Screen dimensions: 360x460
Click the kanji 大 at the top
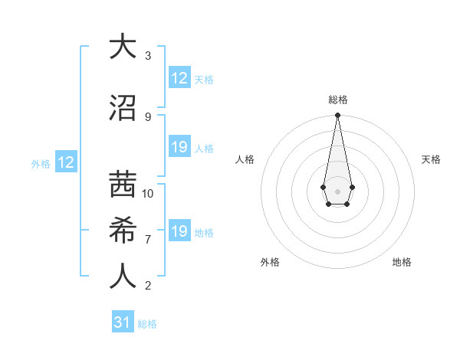tap(123, 47)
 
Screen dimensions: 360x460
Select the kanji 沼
tap(123, 107)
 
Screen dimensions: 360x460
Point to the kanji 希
tap(123, 230)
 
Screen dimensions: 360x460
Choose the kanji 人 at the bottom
tap(123, 277)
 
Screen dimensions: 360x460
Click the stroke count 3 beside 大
tap(148, 56)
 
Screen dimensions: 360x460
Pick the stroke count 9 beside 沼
tap(148, 117)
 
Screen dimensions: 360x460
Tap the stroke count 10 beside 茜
tap(148, 194)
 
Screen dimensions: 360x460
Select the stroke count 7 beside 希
tap(148, 240)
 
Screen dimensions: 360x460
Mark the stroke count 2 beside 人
tap(148, 286)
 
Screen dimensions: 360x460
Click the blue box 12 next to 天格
tap(179, 78)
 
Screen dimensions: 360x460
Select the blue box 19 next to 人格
tap(179, 147)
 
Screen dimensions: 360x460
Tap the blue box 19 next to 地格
tap(179, 231)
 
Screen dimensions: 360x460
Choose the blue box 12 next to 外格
tap(66, 162)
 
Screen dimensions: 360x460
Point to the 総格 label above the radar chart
tap(337, 100)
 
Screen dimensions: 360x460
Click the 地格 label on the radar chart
tap(402, 262)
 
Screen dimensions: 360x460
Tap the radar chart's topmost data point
tap(337, 116)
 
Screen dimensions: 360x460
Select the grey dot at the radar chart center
tap(337, 190)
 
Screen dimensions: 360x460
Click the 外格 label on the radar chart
tap(270, 262)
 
